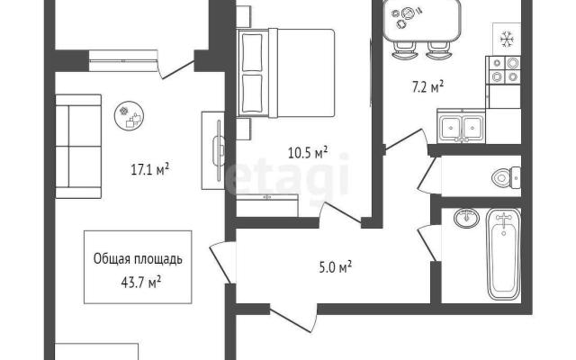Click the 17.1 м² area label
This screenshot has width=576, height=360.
(150, 170)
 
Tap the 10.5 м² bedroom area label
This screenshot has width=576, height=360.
(308, 152)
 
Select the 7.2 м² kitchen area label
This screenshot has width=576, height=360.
(427, 87)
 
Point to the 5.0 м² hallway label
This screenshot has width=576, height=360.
(336, 267)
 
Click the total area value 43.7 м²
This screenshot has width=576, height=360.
(140, 283)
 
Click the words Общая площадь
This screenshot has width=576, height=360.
(138, 259)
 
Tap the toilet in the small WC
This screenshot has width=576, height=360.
(506, 177)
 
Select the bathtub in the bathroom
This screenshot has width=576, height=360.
(504, 254)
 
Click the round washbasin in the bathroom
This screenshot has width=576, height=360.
(466, 218)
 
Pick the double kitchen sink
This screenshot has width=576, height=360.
(461, 126)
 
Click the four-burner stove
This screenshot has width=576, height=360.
(503, 70)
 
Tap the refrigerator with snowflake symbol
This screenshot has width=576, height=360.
(507, 39)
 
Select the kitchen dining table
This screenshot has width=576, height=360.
(422, 20)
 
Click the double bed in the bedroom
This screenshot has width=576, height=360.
(286, 73)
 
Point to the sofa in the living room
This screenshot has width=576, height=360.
(78, 146)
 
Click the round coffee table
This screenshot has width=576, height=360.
(129, 115)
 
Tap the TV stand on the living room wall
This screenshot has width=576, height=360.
(213, 150)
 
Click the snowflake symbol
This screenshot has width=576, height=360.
(507, 39)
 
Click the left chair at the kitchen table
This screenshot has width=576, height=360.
(405, 50)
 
